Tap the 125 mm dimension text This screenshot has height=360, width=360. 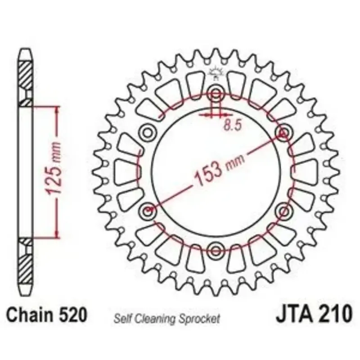pyautogui.click(x=54, y=169)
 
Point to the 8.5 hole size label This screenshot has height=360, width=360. pyautogui.click(x=233, y=125)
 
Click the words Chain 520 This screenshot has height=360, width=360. pyautogui.click(x=47, y=315)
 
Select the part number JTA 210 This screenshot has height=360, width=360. pyautogui.click(x=313, y=313)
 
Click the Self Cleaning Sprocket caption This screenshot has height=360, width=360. pyautogui.click(x=167, y=319)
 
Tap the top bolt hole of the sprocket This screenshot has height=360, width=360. pyautogui.click(x=216, y=94)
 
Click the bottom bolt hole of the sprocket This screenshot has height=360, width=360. pyautogui.click(x=216, y=250)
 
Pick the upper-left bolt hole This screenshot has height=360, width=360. pyautogui.click(x=148, y=133)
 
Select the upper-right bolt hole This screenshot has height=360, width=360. pyautogui.click(x=283, y=133)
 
